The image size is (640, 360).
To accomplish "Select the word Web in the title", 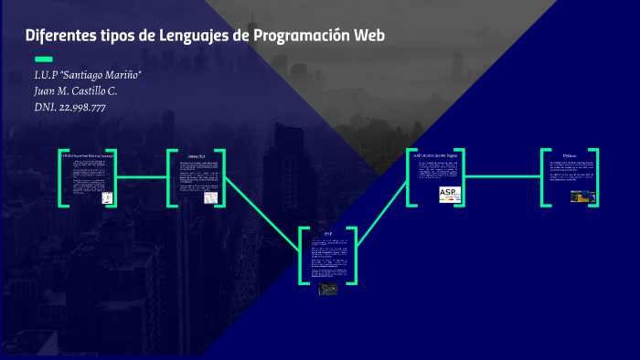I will [370, 36].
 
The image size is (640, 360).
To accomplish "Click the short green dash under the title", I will [42, 59].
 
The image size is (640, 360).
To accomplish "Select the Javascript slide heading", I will [197, 156].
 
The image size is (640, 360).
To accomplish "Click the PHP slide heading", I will [328, 234].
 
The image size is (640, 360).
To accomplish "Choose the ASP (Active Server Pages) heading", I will [437, 154].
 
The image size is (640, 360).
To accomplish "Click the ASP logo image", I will [451, 193].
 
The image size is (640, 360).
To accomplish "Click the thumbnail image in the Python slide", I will [583, 195].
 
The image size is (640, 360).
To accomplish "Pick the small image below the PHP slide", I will [327, 290].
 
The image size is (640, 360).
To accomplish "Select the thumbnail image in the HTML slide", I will [107, 196].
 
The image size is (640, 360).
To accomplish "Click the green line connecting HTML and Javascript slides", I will [141, 176].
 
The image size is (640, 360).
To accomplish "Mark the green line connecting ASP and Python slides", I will [502, 176].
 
